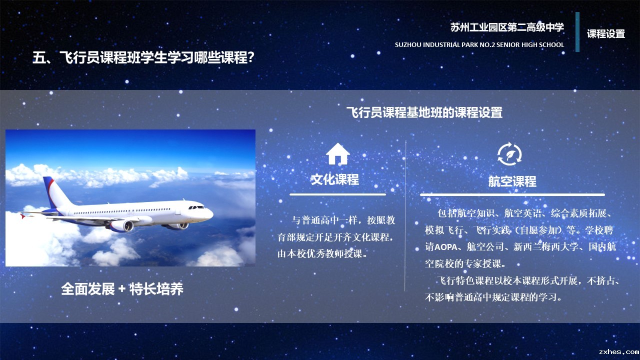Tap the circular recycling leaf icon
tap(509, 154)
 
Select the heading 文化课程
tap(335, 179)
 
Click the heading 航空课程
tap(512, 181)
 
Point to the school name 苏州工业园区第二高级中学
tap(507, 27)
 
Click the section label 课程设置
tap(606, 33)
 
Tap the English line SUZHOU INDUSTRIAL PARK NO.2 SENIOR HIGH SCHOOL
tap(479, 45)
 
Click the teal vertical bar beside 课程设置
tap(577, 32)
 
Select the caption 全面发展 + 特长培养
tap(122, 289)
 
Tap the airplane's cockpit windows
tap(196, 207)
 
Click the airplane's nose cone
tap(210, 213)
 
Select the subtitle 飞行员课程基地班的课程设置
tap(424, 112)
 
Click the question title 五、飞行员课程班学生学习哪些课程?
tap(143, 57)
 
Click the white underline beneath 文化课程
tap(337, 194)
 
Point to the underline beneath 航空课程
tap(512, 194)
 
